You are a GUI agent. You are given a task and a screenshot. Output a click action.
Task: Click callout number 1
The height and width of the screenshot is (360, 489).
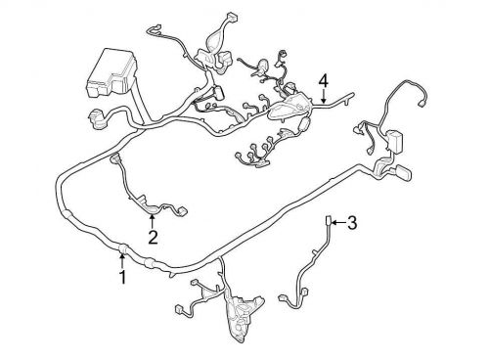pos(122,277)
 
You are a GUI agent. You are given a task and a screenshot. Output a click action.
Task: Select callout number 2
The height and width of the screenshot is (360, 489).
pos(153,236)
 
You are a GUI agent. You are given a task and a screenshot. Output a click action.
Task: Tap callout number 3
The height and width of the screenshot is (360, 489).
pos(352,224)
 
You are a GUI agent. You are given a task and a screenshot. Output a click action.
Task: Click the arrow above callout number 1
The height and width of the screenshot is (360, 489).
pos(122,259)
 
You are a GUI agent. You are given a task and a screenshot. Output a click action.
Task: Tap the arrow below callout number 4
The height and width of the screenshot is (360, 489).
pos(322,96)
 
